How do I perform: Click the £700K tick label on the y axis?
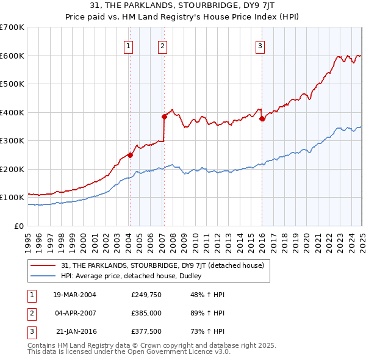point(12,27)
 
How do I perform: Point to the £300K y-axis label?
point(12,141)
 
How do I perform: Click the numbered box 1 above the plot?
point(129,45)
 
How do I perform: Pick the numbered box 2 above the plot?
point(163,45)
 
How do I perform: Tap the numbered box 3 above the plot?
point(260,45)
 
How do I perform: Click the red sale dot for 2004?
point(130,155)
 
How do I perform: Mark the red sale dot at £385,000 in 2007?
point(164,117)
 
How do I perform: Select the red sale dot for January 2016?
point(262,119)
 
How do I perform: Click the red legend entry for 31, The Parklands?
point(162,265)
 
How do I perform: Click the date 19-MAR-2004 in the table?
point(74,295)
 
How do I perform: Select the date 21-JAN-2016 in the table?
point(75,331)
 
